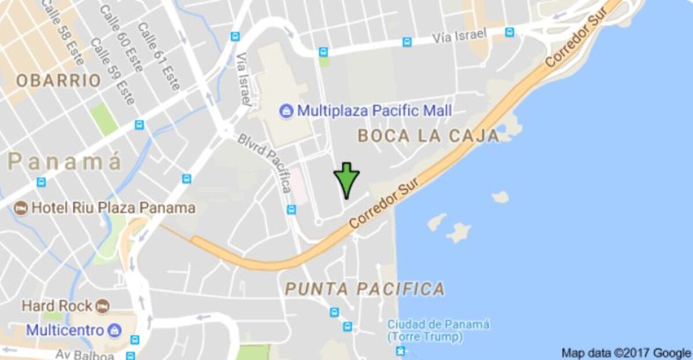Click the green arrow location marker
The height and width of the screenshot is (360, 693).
click(x=346, y=180)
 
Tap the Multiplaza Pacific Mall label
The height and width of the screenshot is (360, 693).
click(x=374, y=110)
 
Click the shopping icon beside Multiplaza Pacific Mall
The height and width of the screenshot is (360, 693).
click(x=286, y=110)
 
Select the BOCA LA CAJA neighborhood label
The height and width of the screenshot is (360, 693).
click(x=428, y=136)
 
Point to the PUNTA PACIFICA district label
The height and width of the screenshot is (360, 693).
click(x=365, y=288)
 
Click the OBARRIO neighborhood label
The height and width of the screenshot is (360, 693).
click(x=58, y=81)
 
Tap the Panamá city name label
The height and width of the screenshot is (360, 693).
click(x=65, y=162)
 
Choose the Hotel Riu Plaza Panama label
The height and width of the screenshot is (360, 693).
click(x=113, y=207)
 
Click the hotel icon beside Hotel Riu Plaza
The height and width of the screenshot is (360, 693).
click(x=21, y=208)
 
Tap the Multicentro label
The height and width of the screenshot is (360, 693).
click(x=65, y=331)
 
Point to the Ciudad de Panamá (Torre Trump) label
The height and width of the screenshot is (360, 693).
click(x=438, y=330)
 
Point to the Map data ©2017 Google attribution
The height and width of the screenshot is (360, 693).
click(x=626, y=352)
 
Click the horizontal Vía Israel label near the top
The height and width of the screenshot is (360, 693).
click(x=459, y=36)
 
